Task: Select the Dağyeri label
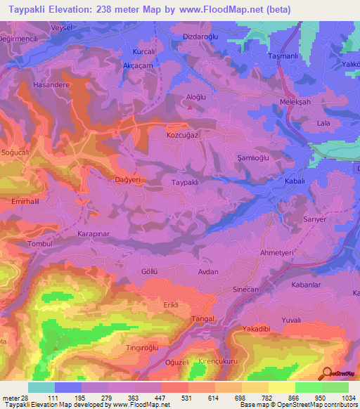pyautogui.click(x=127, y=179)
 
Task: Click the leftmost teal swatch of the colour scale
pyautogui.click(x=41, y=387)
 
